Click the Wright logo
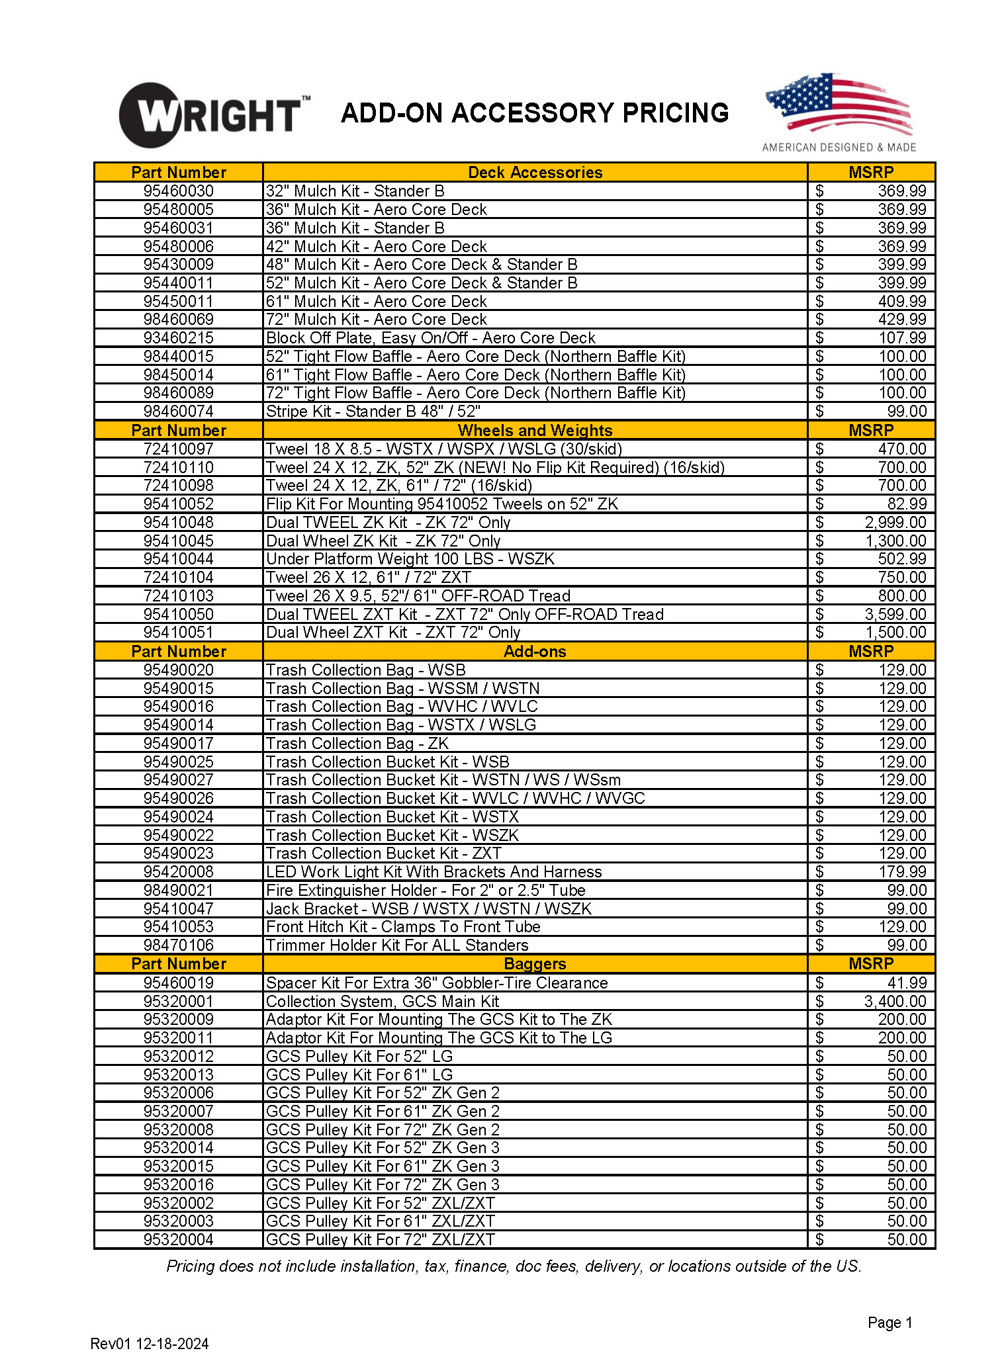pos(213,115)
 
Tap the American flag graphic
pos(839,104)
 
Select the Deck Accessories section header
pos(535,173)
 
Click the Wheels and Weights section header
pos(535,430)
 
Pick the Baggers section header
pos(535,963)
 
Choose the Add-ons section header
pos(535,651)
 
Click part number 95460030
pos(178,191)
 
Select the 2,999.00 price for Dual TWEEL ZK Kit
pos(895,522)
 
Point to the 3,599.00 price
pos(895,614)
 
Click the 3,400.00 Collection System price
pos(895,1001)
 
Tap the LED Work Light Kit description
pos(433,871)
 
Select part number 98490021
pos(178,890)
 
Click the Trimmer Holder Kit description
pos(397,945)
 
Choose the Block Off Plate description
pos(430,338)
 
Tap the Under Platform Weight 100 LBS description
pos(410,558)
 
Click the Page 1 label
pos(889,1322)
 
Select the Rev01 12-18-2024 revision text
pos(150,1343)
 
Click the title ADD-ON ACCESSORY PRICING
pos(535,113)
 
